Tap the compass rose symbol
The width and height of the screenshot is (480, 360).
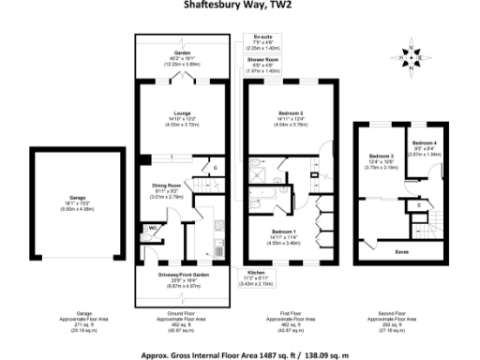click(410, 56)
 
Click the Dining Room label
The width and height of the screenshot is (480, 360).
click(166, 186)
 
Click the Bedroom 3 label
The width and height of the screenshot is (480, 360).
click(380, 156)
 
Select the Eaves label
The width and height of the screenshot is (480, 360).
click(400, 252)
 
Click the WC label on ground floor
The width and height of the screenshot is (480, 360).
click(151, 228)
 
